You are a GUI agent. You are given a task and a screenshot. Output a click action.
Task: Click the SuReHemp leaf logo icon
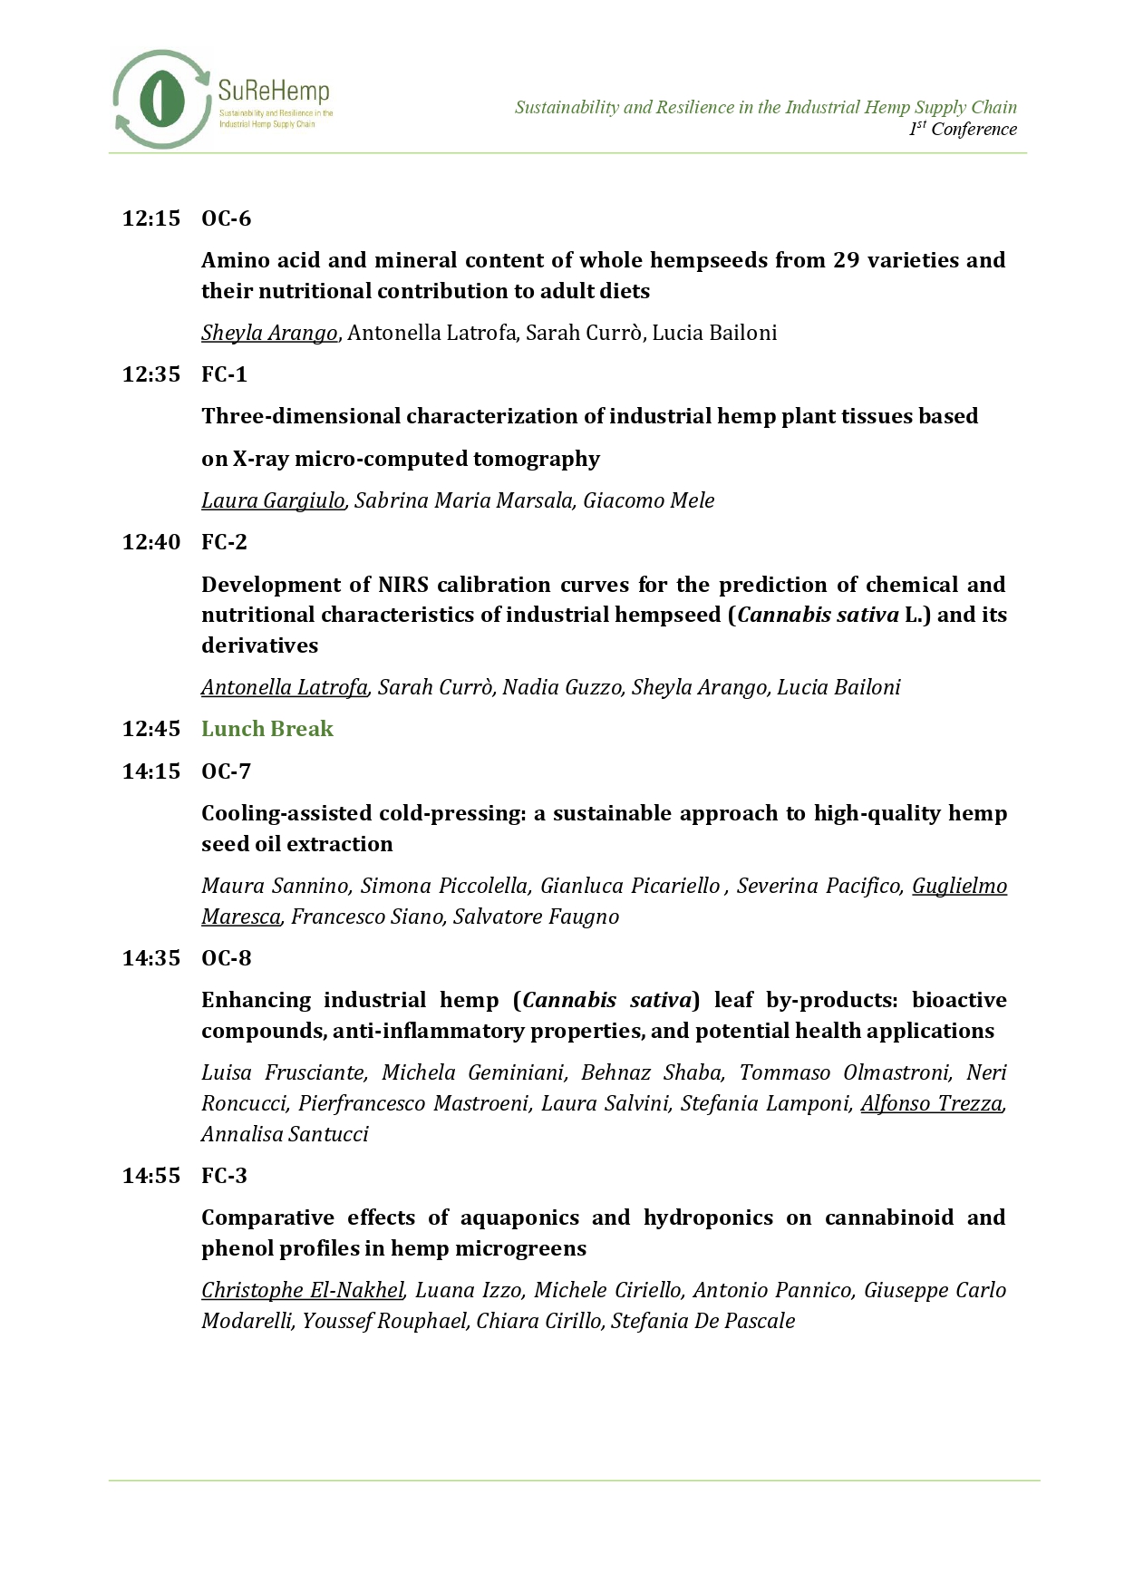160,99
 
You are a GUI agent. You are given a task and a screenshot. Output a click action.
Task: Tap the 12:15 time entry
151,218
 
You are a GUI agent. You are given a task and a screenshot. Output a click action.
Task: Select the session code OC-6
226,218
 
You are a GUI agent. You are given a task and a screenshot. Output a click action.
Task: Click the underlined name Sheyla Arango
269,333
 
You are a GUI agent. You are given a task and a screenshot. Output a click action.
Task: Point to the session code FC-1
224,374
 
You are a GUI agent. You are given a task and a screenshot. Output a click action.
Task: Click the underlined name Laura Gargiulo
273,500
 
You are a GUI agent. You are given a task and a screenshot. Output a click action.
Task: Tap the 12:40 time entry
151,542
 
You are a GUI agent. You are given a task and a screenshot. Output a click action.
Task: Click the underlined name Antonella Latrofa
285,687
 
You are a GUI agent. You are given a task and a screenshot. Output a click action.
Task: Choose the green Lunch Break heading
267,729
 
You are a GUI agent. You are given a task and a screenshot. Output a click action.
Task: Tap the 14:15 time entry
151,771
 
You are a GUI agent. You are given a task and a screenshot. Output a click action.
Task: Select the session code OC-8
226,958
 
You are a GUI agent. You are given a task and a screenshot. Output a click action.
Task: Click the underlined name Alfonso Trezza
931,1103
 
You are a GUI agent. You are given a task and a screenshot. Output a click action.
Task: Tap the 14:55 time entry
151,1176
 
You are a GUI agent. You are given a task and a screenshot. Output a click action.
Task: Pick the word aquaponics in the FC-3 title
519,1218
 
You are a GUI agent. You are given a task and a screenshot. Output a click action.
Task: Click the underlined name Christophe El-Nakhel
303,1290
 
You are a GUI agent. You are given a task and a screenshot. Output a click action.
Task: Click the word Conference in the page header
974,129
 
